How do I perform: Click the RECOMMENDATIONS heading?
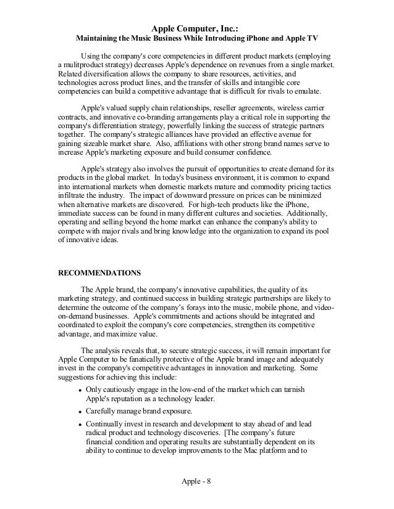click(99, 272)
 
